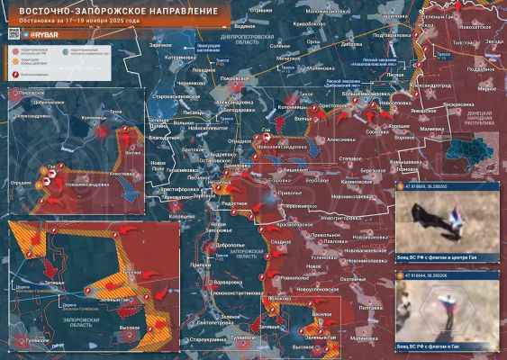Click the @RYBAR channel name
pyautogui.click(x=46, y=34)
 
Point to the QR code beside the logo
pyautogui.click(x=14, y=33)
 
